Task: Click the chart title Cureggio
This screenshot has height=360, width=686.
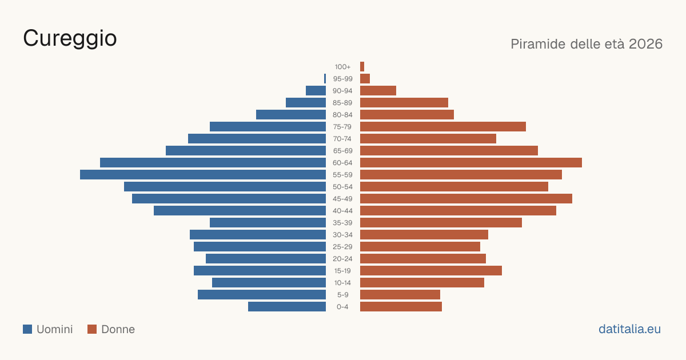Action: coord(70,39)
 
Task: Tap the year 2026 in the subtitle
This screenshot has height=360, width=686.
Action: coord(645,44)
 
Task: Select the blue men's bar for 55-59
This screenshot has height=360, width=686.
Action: coord(203,174)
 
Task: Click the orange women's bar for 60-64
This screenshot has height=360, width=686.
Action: coord(471,162)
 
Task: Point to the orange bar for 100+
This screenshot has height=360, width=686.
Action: coord(362,66)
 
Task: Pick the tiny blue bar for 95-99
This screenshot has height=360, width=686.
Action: coord(325,78)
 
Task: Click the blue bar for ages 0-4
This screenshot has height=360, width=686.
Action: coord(287,306)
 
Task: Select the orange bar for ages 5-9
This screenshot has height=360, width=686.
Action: coord(400,294)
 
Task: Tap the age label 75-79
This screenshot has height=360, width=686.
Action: coord(342,127)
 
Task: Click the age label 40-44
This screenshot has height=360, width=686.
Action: coord(342,211)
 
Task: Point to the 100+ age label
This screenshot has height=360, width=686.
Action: coord(342,67)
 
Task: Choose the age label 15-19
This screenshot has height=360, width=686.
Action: coord(342,271)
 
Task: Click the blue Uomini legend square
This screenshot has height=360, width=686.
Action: coord(27,329)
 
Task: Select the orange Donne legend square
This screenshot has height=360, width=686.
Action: coord(92,329)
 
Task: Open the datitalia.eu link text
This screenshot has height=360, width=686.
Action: coord(629,329)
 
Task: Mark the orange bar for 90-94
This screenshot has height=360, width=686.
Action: coord(378,91)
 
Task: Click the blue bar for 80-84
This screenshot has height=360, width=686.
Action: coord(291,114)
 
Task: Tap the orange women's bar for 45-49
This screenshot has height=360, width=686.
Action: coord(466,199)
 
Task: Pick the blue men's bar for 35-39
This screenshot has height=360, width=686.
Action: coord(268,222)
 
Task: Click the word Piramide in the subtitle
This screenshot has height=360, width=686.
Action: coord(538,44)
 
